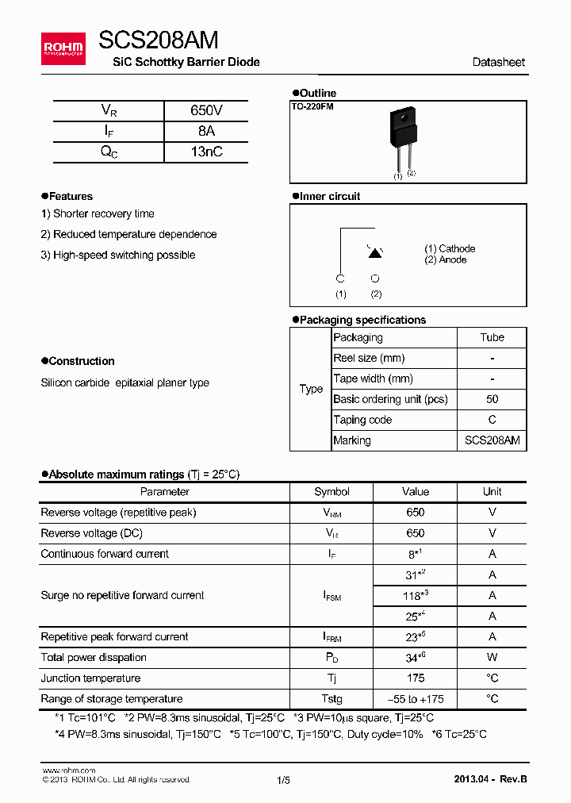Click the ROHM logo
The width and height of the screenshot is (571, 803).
pos(63,49)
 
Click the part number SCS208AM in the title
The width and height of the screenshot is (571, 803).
pos(159,40)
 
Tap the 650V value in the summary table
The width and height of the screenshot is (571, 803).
pos(206,111)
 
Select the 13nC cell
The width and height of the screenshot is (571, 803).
pos(206,152)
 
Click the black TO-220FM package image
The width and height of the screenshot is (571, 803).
pos(402,127)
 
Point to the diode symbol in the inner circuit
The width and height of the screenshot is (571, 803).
pos(375,252)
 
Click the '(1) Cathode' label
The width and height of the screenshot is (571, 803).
pos(450,248)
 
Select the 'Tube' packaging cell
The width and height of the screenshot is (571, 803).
pos(492,337)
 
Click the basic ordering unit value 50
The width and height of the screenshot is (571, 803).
pos(492,399)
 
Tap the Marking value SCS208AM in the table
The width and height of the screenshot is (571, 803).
pos(492,440)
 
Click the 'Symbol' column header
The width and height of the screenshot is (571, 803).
pos(331,492)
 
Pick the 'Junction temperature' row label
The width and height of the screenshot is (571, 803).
pos(90,678)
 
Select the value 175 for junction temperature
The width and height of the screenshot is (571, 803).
pos(415,678)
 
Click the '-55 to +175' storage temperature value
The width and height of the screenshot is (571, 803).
pos(415,699)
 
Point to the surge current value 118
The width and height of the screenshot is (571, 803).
pos(414,595)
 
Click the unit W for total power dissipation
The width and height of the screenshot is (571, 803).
pos(492,658)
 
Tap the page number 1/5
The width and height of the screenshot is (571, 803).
pos(284,780)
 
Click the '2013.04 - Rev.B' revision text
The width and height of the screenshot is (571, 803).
pos(490,779)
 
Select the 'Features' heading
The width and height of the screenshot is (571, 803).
pos(71,196)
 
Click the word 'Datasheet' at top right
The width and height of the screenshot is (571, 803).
pos(498,62)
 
